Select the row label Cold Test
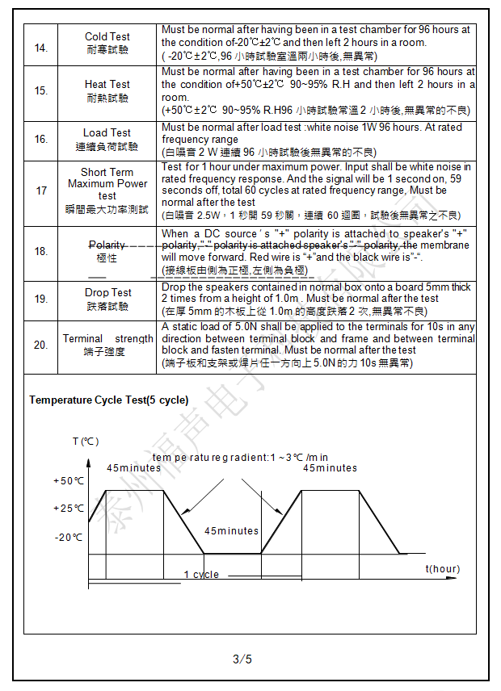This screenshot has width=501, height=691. (x=107, y=37)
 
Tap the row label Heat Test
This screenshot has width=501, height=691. (x=107, y=84)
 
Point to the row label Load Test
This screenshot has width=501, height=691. (x=107, y=132)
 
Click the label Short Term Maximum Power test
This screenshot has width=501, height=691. (x=107, y=184)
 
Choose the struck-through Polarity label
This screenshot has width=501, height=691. (x=107, y=245)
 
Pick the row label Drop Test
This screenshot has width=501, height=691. (x=107, y=292)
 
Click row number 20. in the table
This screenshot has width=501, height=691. (x=41, y=345)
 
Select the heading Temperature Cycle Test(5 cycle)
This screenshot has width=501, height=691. (x=109, y=400)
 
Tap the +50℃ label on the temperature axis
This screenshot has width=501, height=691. (x=69, y=481)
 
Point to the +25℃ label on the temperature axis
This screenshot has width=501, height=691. (x=69, y=509)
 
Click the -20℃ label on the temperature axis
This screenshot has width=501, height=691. (x=69, y=537)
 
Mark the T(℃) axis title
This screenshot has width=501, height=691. (x=86, y=442)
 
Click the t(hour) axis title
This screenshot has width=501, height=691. (x=443, y=569)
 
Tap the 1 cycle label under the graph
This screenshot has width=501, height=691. (x=201, y=575)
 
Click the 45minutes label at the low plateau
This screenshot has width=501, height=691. (x=231, y=531)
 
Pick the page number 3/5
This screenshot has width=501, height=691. (x=242, y=660)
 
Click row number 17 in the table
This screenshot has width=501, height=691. (x=41, y=191)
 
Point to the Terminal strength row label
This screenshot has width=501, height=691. (x=107, y=339)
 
